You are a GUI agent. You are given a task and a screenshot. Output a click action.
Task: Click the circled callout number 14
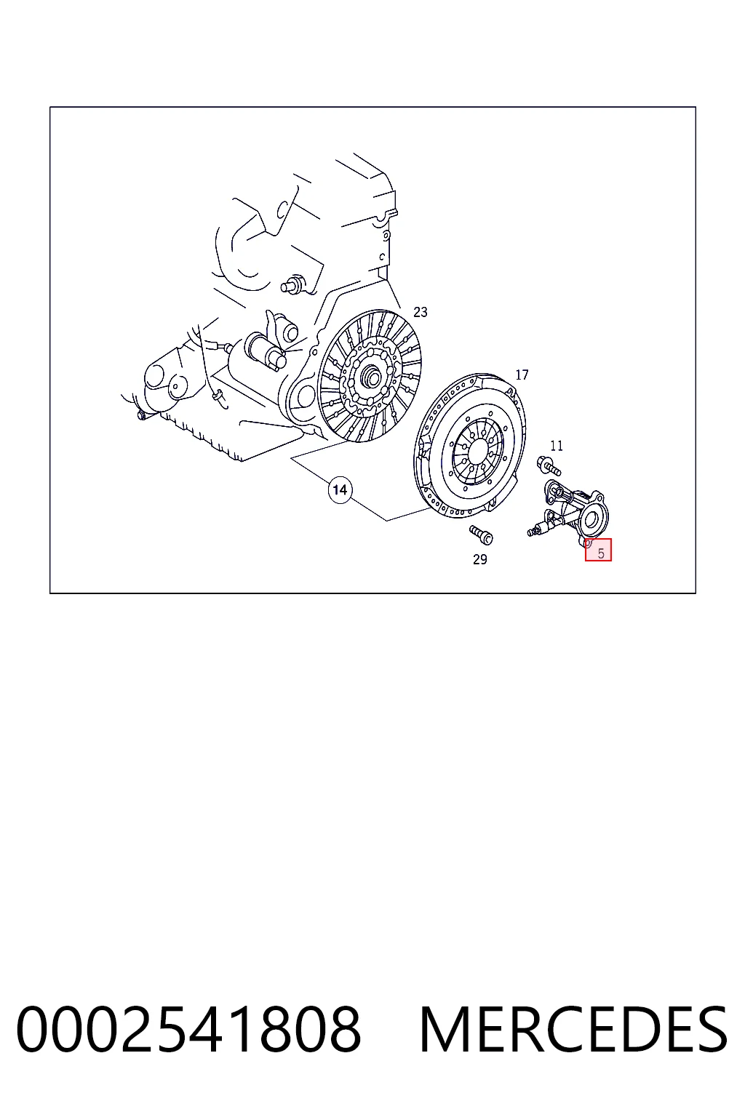(x=340, y=490)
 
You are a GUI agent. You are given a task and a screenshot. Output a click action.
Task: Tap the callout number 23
(x=421, y=312)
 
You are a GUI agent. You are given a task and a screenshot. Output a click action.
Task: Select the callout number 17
(x=522, y=375)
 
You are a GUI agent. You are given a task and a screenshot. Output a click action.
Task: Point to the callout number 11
(x=557, y=445)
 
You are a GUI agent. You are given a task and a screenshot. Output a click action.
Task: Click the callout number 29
(x=479, y=559)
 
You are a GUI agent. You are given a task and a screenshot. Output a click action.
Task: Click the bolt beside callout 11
(x=549, y=465)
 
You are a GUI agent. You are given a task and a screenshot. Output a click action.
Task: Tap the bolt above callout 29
(x=481, y=535)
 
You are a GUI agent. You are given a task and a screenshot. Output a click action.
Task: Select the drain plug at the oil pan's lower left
(x=140, y=415)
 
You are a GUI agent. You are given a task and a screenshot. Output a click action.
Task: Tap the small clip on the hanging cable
(x=217, y=396)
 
